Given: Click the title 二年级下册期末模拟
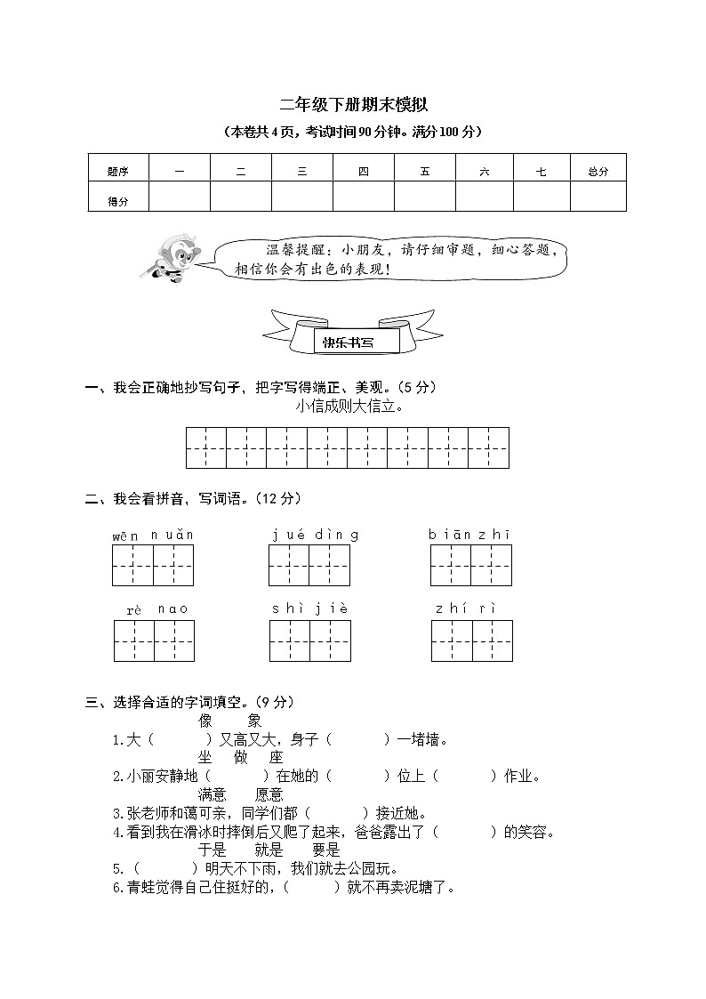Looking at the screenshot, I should coord(353,105).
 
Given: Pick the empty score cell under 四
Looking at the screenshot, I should coord(363,197).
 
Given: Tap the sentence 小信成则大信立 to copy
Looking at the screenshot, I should coord(349,407).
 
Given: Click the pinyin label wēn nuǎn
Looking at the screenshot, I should coord(152,536).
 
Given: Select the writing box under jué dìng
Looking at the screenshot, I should coord(309,566).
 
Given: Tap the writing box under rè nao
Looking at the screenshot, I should coord(154,640).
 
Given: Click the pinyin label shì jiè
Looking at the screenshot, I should coord(309,609).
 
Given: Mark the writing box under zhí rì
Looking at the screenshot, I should coord(471,640).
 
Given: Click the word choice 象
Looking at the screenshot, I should coord(254,721).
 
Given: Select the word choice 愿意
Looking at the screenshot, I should coord(269,794).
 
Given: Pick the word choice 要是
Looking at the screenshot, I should coord(325,850).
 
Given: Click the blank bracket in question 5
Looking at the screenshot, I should coord(164,868).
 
